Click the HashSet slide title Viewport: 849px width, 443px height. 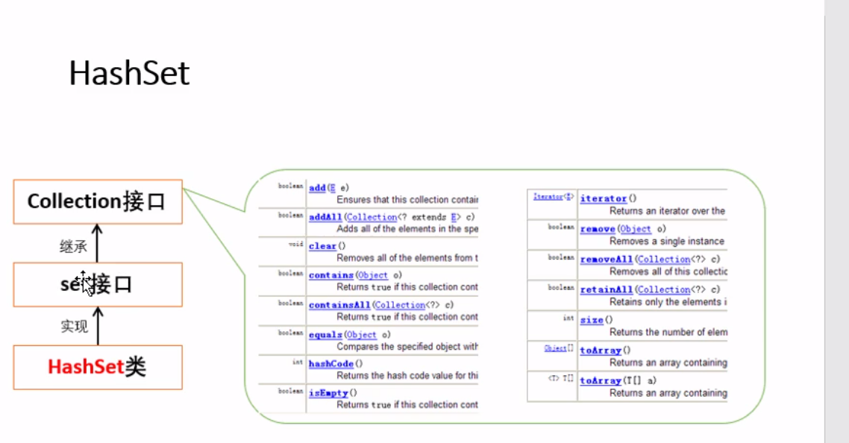click(129, 74)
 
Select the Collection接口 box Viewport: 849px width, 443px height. click(98, 201)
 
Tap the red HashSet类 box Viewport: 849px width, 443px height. click(98, 367)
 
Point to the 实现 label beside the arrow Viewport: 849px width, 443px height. click(74, 327)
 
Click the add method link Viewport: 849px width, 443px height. click(317, 188)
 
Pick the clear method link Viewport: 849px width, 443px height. click(322, 246)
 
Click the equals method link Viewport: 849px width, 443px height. click(325, 335)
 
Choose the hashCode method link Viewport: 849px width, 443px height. click(331, 364)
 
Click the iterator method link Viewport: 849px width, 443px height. click(604, 198)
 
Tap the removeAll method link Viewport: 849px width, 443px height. click(606, 259)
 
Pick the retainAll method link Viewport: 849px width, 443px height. click(606, 289)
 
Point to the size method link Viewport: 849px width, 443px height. click(591, 320)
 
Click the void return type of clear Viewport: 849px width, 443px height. click(295, 244)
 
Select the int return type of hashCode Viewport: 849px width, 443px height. click(297, 362)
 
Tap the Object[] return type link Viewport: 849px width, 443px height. click(559, 348)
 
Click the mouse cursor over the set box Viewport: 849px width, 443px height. click(87, 283)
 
